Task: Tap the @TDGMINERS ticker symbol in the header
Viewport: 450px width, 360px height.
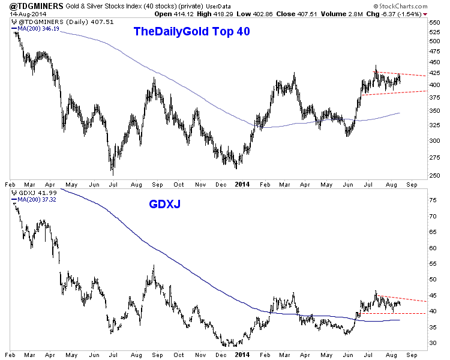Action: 28,5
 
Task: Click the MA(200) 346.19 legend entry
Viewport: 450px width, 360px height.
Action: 36,28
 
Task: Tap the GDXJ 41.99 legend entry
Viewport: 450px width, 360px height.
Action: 30,194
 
